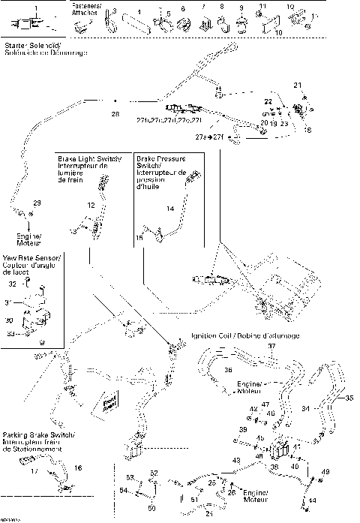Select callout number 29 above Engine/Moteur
(x=37, y=204)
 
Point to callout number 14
(x=169, y=207)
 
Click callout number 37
(x=272, y=347)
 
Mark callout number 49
(x=325, y=471)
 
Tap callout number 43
(x=236, y=459)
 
